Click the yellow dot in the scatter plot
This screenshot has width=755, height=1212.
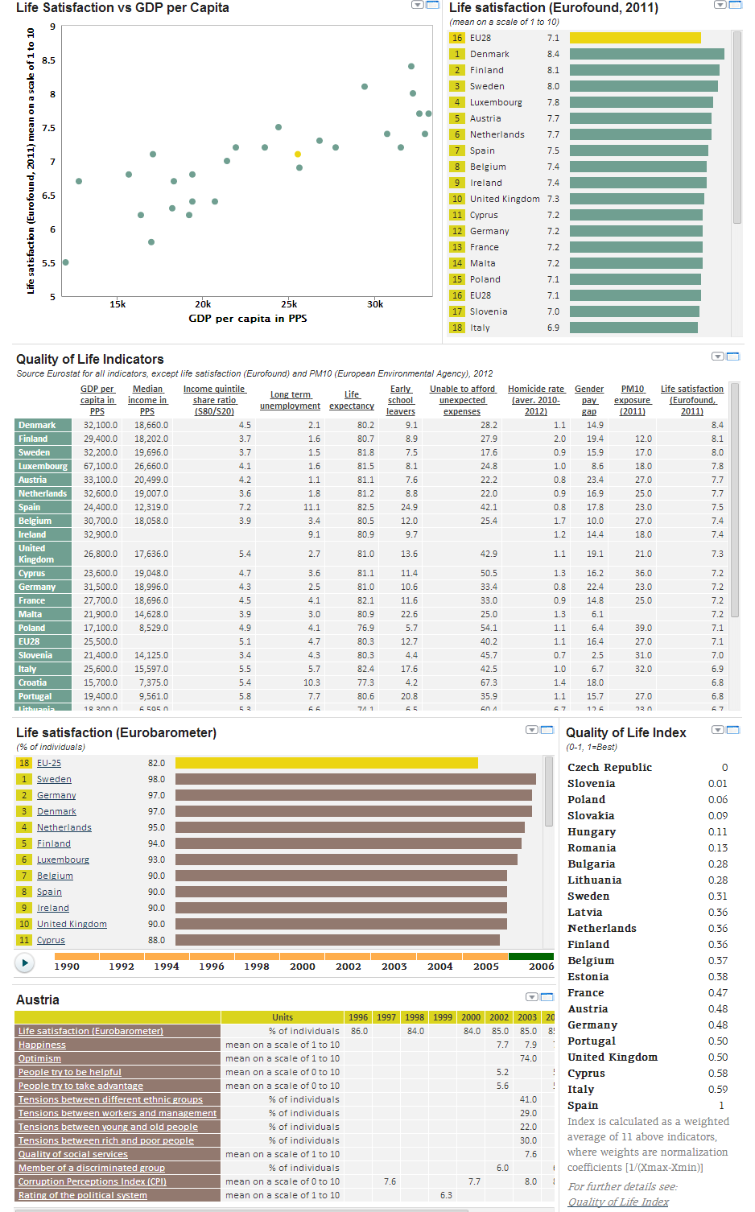coord(298,154)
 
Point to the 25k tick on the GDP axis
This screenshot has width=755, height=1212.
coord(289,304)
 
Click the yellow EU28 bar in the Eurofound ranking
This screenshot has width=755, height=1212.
coord(635,38)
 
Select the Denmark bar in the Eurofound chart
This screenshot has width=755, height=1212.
coord(646,54)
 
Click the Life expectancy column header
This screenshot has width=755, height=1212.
coord(352,400)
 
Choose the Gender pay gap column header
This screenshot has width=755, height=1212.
coord(589,400)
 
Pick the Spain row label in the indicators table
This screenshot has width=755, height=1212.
coord(30,507)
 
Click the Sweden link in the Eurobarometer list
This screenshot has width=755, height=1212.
coord(54,779)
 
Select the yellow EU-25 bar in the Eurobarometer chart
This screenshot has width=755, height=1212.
coord(326,763)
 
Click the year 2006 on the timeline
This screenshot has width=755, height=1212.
coord(541,967)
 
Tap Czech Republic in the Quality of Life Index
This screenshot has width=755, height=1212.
coord(609,768)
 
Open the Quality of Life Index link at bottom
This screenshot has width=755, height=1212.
coord(618,1202)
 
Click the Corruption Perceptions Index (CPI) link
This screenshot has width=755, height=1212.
coord(93,1181)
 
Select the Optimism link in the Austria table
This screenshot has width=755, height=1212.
coord(40,1058)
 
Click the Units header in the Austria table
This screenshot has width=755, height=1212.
coord(283,1017)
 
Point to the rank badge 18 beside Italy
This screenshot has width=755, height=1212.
coord(457,328)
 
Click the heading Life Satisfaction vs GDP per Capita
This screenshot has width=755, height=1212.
coord(122,8)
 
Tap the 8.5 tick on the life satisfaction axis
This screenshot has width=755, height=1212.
coord(49,60)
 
